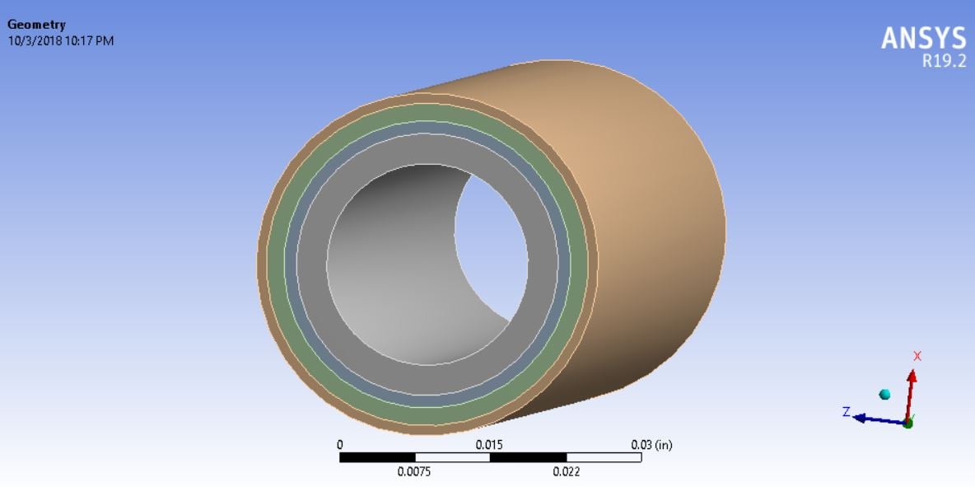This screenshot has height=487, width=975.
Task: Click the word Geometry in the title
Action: pyautogui.click(x=36, y=26)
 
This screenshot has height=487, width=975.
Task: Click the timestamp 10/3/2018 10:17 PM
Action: pyautogui.click(x=60, y=40)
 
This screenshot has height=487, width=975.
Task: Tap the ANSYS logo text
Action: pyautogui.click(x=923, y=38)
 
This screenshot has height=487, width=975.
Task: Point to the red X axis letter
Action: pyautogui.click(x=917, y=356)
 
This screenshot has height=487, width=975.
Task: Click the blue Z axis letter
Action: pyautogui.click(x=846, y=411)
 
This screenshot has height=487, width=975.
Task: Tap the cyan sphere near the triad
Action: pyautogui.click(x=884, y=395)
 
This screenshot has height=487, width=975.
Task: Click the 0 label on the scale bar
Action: pyautogui.click(x=340, y=445)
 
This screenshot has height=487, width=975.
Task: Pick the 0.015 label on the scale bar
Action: pyautogui.click(x=489, y=445)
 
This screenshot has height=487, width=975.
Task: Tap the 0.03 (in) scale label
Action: pyautogui.click(x=651, y=445)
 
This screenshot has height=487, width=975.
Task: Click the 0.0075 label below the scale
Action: pyautogui.click(x=415, y=472)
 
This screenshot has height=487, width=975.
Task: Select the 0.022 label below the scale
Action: pyautogui.click(x=566, y=472)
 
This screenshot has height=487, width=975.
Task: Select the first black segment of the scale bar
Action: pyautogui.click(x=377, y=457)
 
